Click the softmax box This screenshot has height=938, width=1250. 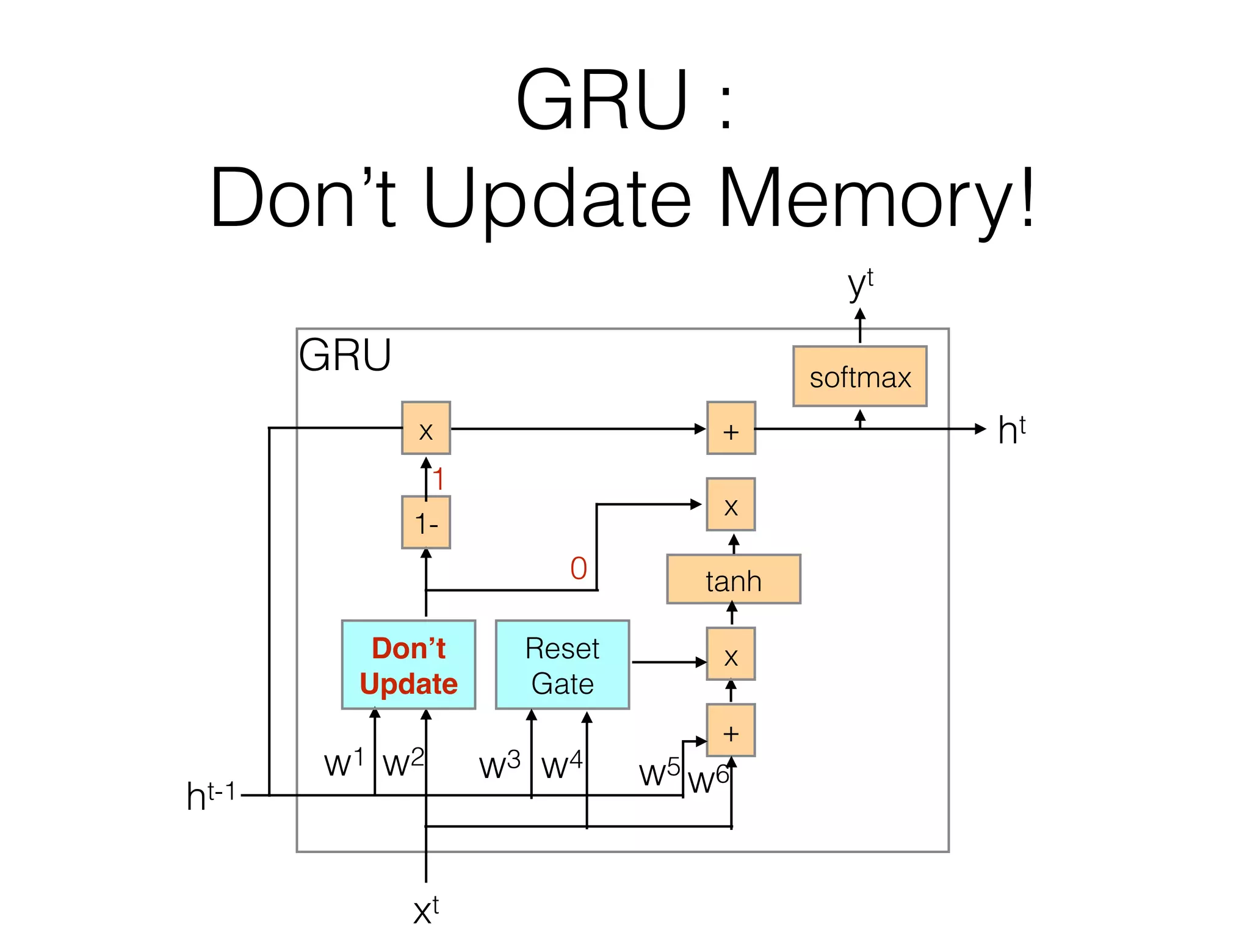[x=859, y=376]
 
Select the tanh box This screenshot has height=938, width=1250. [x=733, y=579]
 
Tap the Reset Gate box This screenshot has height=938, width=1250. [x=562, y=664]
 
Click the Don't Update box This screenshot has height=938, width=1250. [x=408, y=664]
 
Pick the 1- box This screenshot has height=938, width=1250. [x=426, y=522]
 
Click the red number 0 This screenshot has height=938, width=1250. [x=579, y=568]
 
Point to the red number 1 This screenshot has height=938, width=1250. [x=438, y=479]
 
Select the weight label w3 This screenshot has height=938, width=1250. [x=499, y=765]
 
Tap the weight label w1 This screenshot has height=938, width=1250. [x=344, y=762]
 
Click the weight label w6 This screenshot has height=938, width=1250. [x=708, y=779]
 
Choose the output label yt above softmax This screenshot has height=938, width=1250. [x=861, y=284]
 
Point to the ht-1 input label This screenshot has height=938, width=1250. [x=211, y=796]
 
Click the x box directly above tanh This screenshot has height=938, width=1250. [x=731, y=504]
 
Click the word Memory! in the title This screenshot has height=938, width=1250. [x=876, y=198]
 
